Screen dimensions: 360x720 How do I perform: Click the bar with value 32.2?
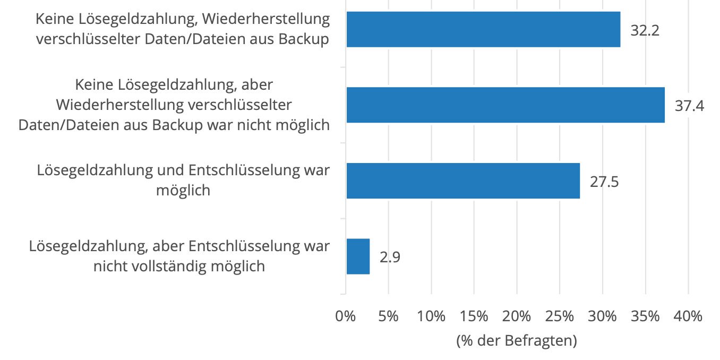483,29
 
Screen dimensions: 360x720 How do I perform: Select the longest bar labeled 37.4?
505,105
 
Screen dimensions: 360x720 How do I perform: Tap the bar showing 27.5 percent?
463,181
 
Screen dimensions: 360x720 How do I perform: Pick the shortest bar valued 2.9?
358,256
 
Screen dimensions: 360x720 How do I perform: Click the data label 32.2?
645,30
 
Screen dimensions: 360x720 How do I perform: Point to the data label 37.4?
689,106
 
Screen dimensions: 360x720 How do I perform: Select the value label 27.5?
604,182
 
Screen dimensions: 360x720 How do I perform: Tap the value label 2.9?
390,258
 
